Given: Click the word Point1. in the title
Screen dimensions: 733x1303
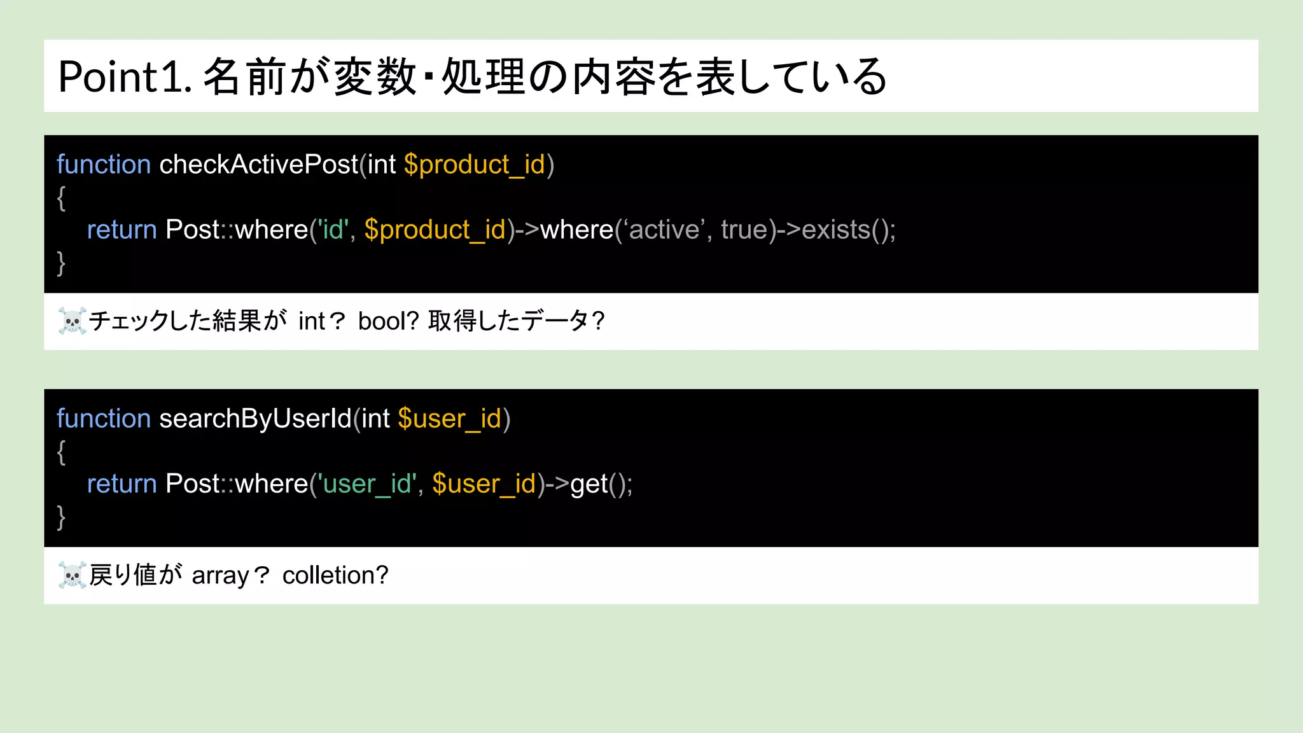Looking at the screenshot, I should [x=125, y=77].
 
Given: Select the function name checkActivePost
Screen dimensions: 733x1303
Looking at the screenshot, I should [x=258, y=165].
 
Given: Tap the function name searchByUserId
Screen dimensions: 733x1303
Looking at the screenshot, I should [x=255, y=419].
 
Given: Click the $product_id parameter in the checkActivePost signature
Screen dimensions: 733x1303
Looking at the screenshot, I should [x=475, y=165].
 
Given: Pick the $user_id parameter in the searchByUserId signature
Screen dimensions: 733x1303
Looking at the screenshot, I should [x=450, y=419].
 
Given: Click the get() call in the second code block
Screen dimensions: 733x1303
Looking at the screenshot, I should [x=600, y=484].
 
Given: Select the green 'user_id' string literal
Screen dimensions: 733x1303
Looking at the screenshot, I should [x=367, y=484].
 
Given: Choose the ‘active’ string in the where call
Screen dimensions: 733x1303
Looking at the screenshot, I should [x=664, y=230].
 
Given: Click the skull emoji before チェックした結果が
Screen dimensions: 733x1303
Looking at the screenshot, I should [x=72, y=321].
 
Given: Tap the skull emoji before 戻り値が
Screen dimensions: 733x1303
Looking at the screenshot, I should [x=72, y=575].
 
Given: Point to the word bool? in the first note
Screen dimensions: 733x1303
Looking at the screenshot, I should [x=388, y=321].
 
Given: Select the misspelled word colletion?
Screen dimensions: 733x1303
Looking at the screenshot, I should [x=335, y=575].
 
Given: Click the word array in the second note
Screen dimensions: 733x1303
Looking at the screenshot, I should [x=220, y=576].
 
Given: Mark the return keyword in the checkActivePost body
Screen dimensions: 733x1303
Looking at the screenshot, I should [x=122, y=230].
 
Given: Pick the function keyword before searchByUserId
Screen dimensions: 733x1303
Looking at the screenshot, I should [x=104, y=419].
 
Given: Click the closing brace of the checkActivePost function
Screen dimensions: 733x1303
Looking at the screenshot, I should [x=61, y=262].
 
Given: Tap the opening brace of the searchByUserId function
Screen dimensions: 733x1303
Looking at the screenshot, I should [x=61, y=452].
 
